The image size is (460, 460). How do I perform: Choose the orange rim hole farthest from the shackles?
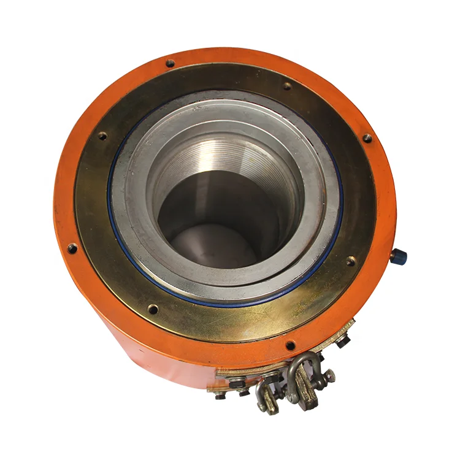pyautogui.click(x=170, y=63)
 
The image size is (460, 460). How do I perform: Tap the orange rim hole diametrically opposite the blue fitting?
pyautogui.click(x=72, y=248)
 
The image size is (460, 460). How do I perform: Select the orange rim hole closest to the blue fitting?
pyautogui.click(x=367, y=138)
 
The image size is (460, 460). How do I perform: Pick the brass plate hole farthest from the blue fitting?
pyautogui.click(x=102, y=136)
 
